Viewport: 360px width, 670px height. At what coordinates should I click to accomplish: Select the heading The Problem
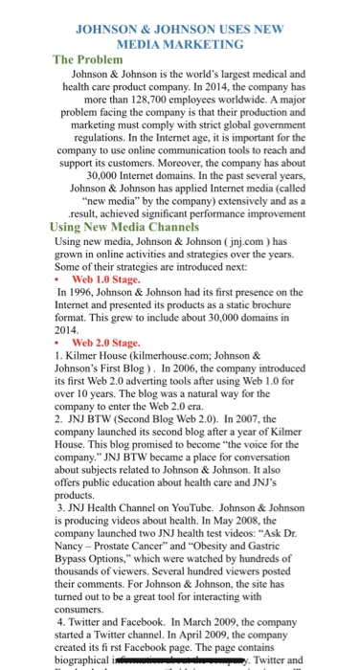tap(94, 59)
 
